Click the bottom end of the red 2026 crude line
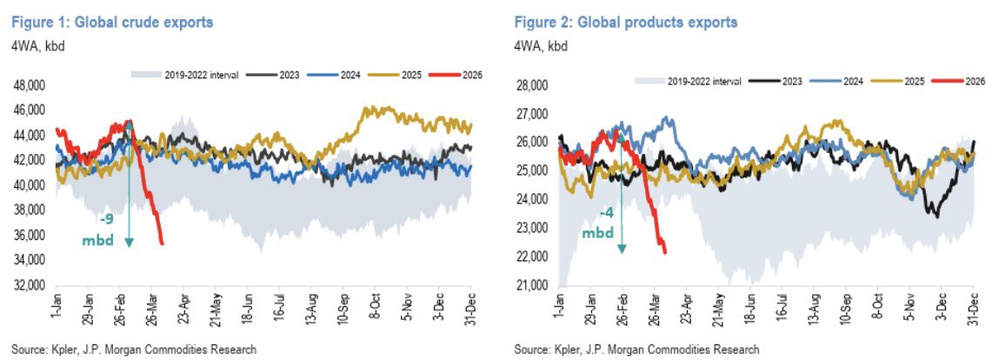pos(162,243)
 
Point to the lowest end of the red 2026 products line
pos(665,252)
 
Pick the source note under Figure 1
pos(130,350)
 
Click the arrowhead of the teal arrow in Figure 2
pos(622,250)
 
